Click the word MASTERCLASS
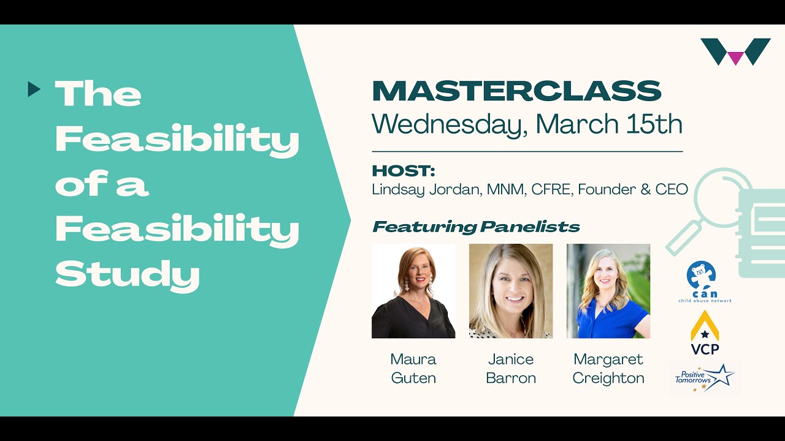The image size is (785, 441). [x=516, y=91]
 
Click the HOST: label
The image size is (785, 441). [x=403, y=171]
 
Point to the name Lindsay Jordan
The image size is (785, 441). [x=426, y=189]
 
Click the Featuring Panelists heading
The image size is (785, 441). [x=476, y=227]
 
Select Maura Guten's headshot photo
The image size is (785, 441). [x=413, y=291]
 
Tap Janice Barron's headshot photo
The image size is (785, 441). [x=510, y=291]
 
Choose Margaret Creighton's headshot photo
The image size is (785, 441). [x=608, y=291]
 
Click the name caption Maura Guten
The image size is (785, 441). [x=413, y=368]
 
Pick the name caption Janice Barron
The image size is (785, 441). [x=510, y=368]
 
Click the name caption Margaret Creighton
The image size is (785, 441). [x=608, y=368]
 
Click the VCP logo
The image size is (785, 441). [x=705, y=333]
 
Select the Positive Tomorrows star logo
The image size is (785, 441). [x=705, y=377]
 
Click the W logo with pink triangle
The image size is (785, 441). [x=735, y=51]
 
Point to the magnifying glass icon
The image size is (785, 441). [x=706, y=208]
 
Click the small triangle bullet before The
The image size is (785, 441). [x=34, y=90]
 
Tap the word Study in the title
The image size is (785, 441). [x=128, y=275]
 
